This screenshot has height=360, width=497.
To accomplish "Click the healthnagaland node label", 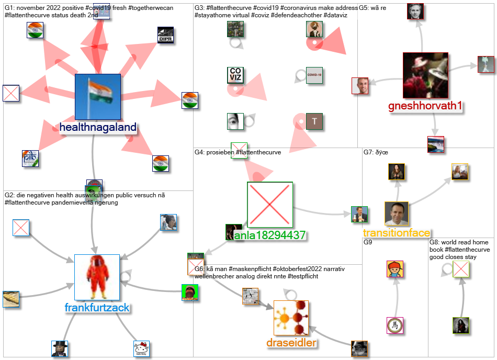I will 98,127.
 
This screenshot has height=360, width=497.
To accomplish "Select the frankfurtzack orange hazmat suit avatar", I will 97,277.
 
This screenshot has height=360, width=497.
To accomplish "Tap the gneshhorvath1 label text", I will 425,106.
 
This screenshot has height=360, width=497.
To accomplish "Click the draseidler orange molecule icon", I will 291,318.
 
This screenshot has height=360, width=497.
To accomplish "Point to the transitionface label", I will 397,233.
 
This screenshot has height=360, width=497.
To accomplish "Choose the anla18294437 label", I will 269,235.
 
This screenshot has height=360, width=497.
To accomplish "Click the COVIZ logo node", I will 235,75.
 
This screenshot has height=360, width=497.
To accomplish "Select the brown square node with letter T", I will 314,121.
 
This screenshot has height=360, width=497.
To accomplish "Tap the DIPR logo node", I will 165,35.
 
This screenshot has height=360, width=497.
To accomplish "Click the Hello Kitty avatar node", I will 142,348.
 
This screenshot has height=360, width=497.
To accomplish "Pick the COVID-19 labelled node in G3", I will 314,75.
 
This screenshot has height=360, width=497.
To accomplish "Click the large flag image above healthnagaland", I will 98,96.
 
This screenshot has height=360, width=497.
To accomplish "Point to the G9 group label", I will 369,242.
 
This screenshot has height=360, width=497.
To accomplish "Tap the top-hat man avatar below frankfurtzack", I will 60,348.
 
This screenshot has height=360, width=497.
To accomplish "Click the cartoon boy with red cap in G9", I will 394,269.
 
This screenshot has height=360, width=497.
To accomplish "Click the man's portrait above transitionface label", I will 397,213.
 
